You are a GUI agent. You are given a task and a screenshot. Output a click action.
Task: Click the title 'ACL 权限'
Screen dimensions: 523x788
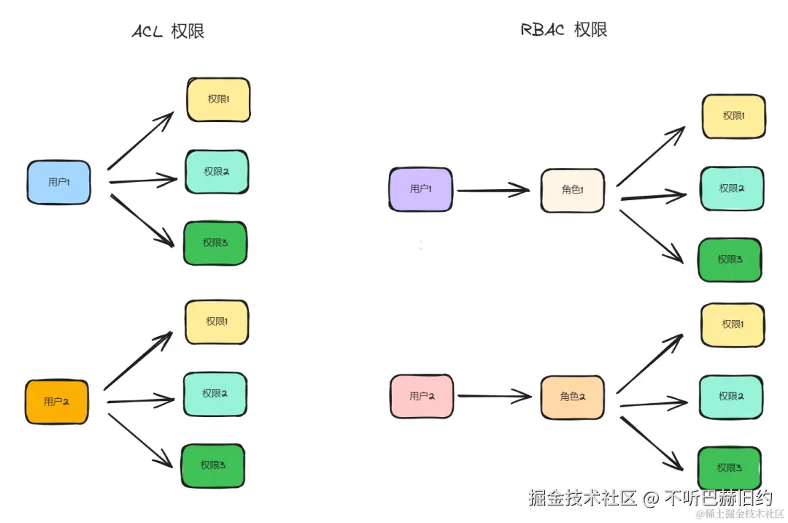pos(168,31)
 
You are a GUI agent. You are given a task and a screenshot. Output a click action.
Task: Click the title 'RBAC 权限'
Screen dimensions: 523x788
pos(565,30)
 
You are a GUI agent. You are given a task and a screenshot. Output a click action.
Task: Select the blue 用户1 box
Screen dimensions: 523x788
pos(59,183)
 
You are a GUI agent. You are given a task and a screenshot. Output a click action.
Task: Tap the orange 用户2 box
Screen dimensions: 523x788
pos(57,402)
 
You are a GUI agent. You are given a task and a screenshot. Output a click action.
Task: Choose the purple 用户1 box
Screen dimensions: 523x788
pos(420,189)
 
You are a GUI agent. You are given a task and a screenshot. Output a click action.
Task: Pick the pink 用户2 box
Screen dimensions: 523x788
pos(422,397)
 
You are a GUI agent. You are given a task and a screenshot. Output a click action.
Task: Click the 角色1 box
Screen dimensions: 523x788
pos(573,190)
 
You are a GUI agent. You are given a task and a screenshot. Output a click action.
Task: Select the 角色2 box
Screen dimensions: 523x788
pos(572,397)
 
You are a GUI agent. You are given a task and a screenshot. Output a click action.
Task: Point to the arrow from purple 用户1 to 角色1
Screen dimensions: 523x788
pos(492,191)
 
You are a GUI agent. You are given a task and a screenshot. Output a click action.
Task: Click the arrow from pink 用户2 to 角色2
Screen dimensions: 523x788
pos(494,397)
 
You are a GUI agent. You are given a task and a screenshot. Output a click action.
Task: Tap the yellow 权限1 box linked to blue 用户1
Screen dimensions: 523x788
pos(218,99)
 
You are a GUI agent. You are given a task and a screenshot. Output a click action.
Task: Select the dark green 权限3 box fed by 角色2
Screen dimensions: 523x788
pos(730,468)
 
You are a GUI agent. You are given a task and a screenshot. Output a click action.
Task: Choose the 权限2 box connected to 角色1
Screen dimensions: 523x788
pos(732,188)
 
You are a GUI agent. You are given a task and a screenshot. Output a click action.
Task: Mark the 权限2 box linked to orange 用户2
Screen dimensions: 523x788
pos(215,394)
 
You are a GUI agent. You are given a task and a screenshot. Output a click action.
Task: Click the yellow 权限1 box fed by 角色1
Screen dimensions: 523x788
pos(733,116)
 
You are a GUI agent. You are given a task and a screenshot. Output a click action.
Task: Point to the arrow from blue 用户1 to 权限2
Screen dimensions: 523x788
pos(142,180)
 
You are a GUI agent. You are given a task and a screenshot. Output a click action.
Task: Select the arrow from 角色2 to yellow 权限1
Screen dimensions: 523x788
pos(649,364)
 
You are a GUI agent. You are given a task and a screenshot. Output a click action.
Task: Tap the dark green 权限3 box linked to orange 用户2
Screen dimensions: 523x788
pos(213,465)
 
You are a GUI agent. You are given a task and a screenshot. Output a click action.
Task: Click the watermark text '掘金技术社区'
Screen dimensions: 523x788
pos(583,498)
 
